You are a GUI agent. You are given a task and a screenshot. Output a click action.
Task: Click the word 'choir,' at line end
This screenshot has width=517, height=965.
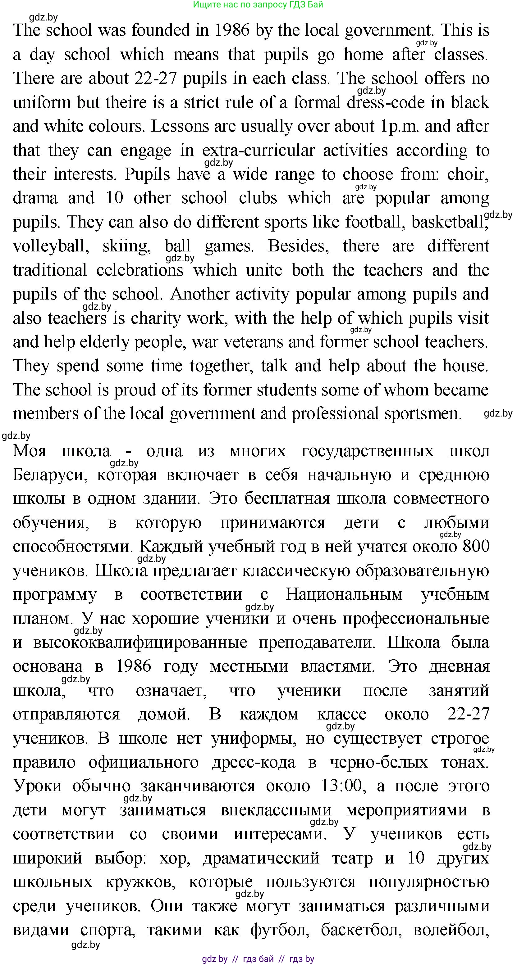click(x=468, y=174)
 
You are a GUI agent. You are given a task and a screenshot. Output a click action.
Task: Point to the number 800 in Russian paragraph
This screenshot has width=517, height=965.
click(x=476, y=547)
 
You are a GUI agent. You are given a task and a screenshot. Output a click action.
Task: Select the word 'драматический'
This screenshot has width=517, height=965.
click(x=261, y=858)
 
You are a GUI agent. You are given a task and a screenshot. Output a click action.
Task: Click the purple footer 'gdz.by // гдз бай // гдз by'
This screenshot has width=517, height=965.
click(x=258, y=959)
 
